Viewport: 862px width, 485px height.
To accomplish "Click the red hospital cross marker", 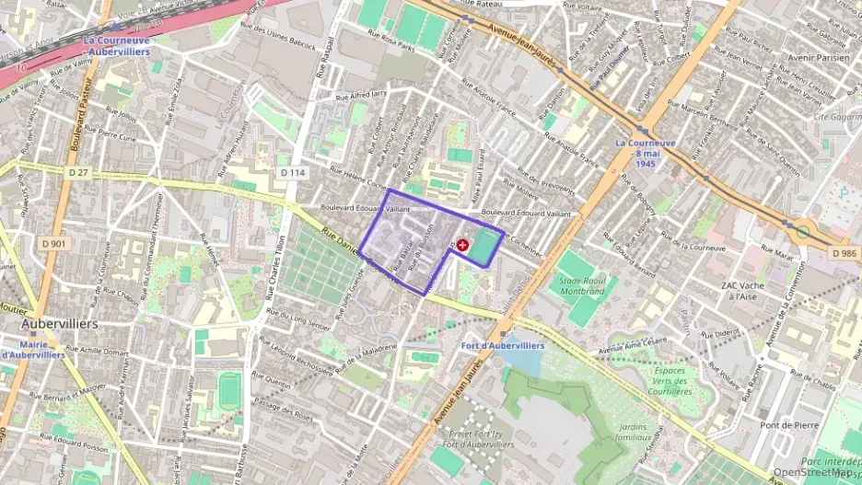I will point(462,245).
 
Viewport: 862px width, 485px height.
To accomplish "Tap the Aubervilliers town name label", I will point(60,324).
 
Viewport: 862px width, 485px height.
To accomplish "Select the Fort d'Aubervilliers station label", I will point(502,346).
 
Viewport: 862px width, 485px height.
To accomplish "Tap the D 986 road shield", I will point(844,252).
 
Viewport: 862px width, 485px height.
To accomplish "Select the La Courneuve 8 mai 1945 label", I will point(646,153).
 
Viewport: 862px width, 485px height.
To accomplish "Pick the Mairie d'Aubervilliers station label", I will point(33,348).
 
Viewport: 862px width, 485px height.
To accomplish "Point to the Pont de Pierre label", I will point(789,425).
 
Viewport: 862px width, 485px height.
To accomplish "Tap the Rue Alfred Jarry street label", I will point(361,94).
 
